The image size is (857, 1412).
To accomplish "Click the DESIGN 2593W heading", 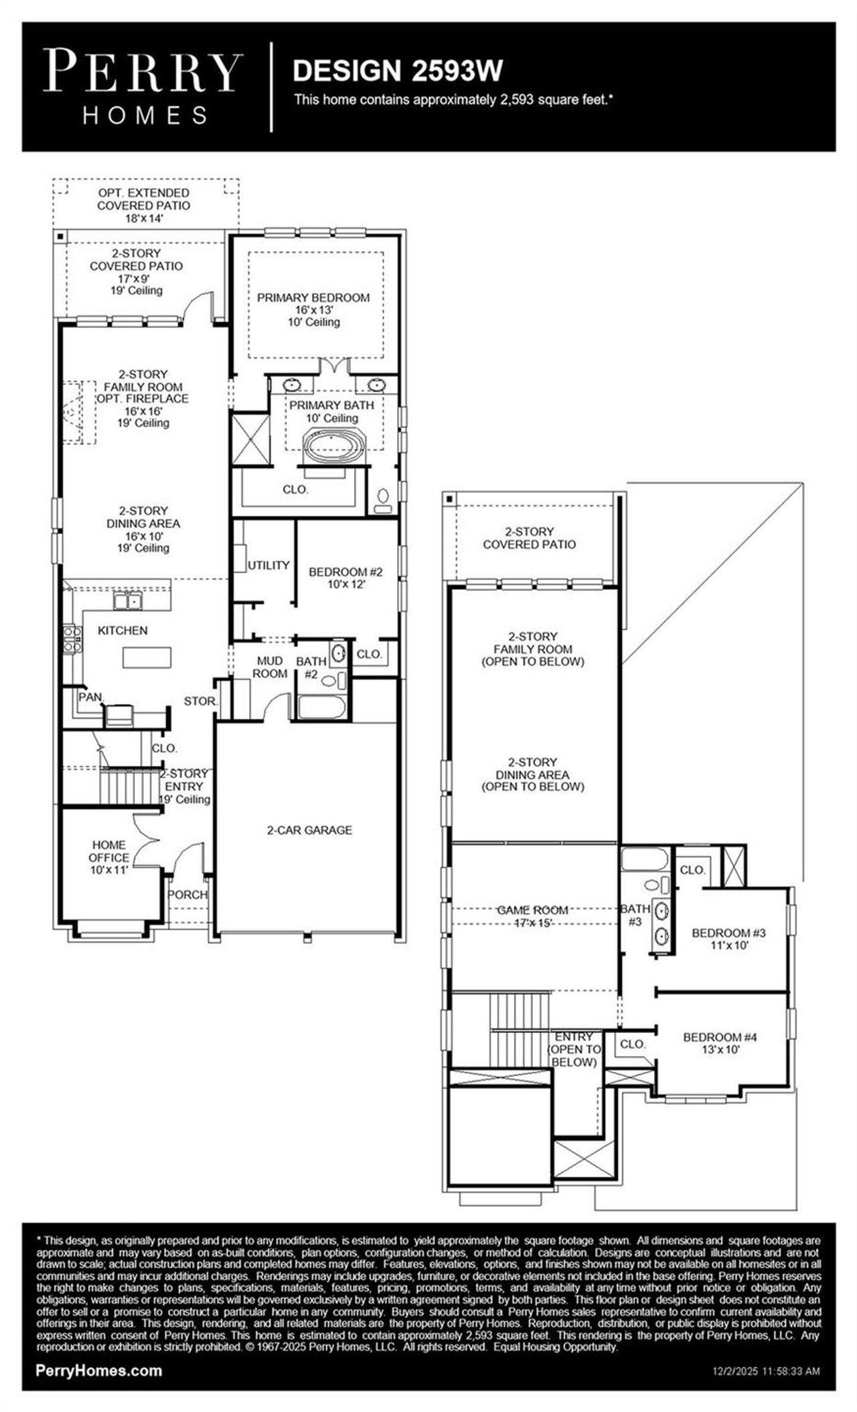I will pyautogui.click(x=398, y=70).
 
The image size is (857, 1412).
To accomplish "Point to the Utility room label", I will pyautogui.click(x=268, y=566).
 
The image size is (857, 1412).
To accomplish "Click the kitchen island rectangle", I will pyautogui.click(x=147, y=658).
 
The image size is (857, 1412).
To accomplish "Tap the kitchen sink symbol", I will pyautogui.click(x=128, y=601).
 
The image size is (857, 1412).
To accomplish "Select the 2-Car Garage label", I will pyautogui.click(x=309, y=830).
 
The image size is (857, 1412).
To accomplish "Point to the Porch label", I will pyautogui.click(x=187, y=894).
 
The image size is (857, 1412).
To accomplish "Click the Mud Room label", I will pyautogui.click(x=270, y=668).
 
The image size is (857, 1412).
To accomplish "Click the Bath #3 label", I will pyautogui.click(x=635, y=915).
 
